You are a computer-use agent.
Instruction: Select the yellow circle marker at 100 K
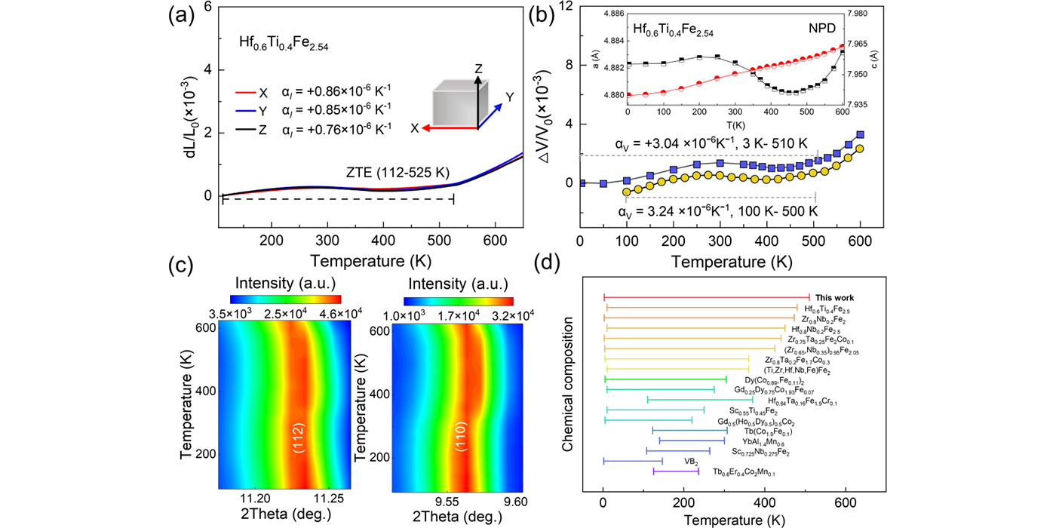point(626,192)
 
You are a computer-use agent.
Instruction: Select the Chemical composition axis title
point(567,389)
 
